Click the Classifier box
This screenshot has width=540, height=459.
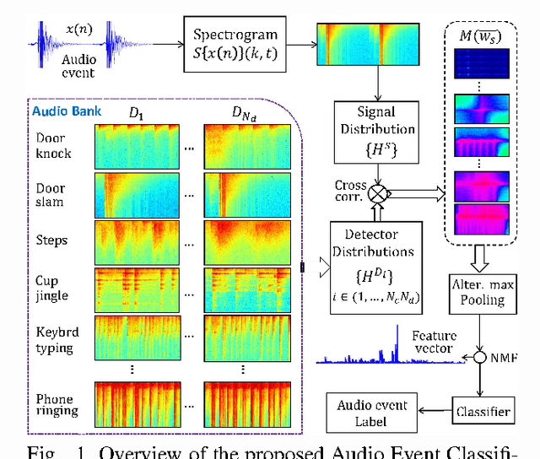[483, 411]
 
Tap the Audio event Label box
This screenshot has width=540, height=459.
[372, 411]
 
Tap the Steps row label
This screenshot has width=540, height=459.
[51, 240]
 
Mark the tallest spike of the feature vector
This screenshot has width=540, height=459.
[395, 342]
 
